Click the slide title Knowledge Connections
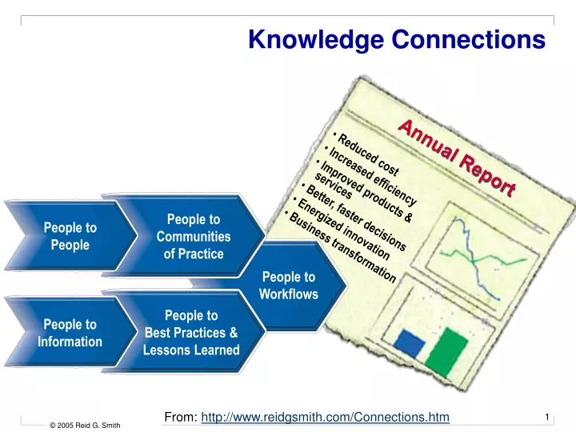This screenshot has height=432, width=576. coord(397,38)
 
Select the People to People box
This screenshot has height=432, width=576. coord(70,236)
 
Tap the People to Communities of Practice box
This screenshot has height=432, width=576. coord(193,236)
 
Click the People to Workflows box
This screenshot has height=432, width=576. coord(289,286)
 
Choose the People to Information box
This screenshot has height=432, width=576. coord(70,333)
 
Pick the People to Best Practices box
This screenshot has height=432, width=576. coord(191,333)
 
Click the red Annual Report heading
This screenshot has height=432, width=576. coord(457,157)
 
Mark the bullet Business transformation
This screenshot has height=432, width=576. coord(342,246)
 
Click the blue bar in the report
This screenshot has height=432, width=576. coord(410,344)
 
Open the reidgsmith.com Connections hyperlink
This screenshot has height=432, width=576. coord(326,416)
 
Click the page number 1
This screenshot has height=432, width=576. coord(546,417)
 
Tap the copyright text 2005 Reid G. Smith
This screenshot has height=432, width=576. coord(85,425)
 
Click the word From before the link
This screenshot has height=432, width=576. coord(180,416)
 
